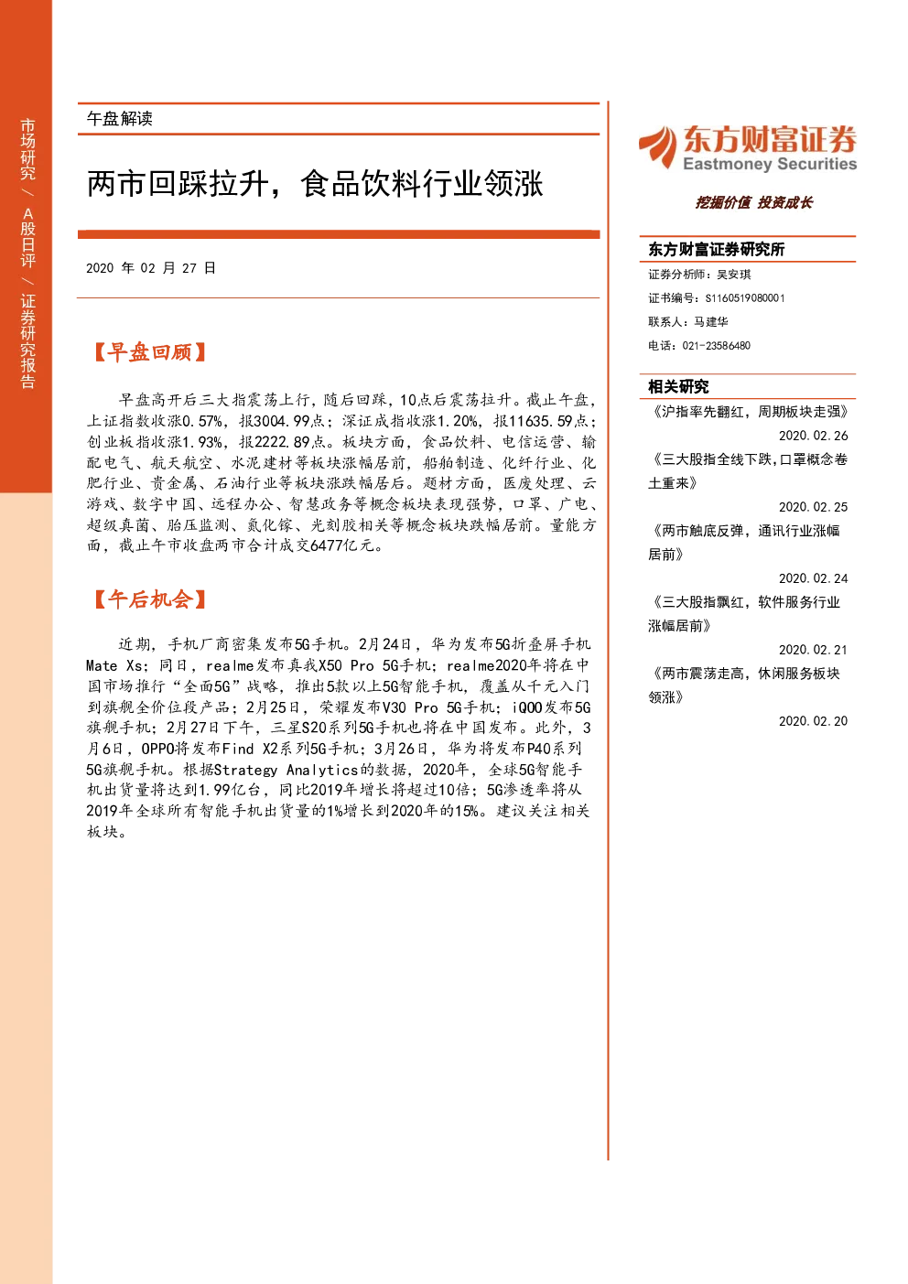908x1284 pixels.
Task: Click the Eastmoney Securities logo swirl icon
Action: [658, 147]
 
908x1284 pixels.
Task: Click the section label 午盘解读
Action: [119, 119]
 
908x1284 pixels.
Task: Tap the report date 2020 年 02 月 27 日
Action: [151, 268]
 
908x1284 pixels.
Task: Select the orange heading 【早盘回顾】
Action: [149, 352]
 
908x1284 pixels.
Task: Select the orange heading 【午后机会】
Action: [149, 599]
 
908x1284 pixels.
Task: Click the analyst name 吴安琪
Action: [734, 275]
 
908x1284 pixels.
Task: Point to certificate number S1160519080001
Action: [745, 298]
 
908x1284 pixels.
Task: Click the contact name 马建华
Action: [711, 321]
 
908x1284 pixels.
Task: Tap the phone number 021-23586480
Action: [716, 346]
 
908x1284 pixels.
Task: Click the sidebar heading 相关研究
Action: [678, 387]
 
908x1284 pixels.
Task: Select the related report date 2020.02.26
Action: [813, 436]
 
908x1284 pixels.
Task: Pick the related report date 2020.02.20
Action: [813, 721]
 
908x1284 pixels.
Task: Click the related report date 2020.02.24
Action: [813, 578]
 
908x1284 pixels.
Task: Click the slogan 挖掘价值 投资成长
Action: [753, 202]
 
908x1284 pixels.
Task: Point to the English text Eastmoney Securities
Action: [770, 164]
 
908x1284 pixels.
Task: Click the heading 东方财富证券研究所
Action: [716, 249]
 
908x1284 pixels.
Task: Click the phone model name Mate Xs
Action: [114, 665]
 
